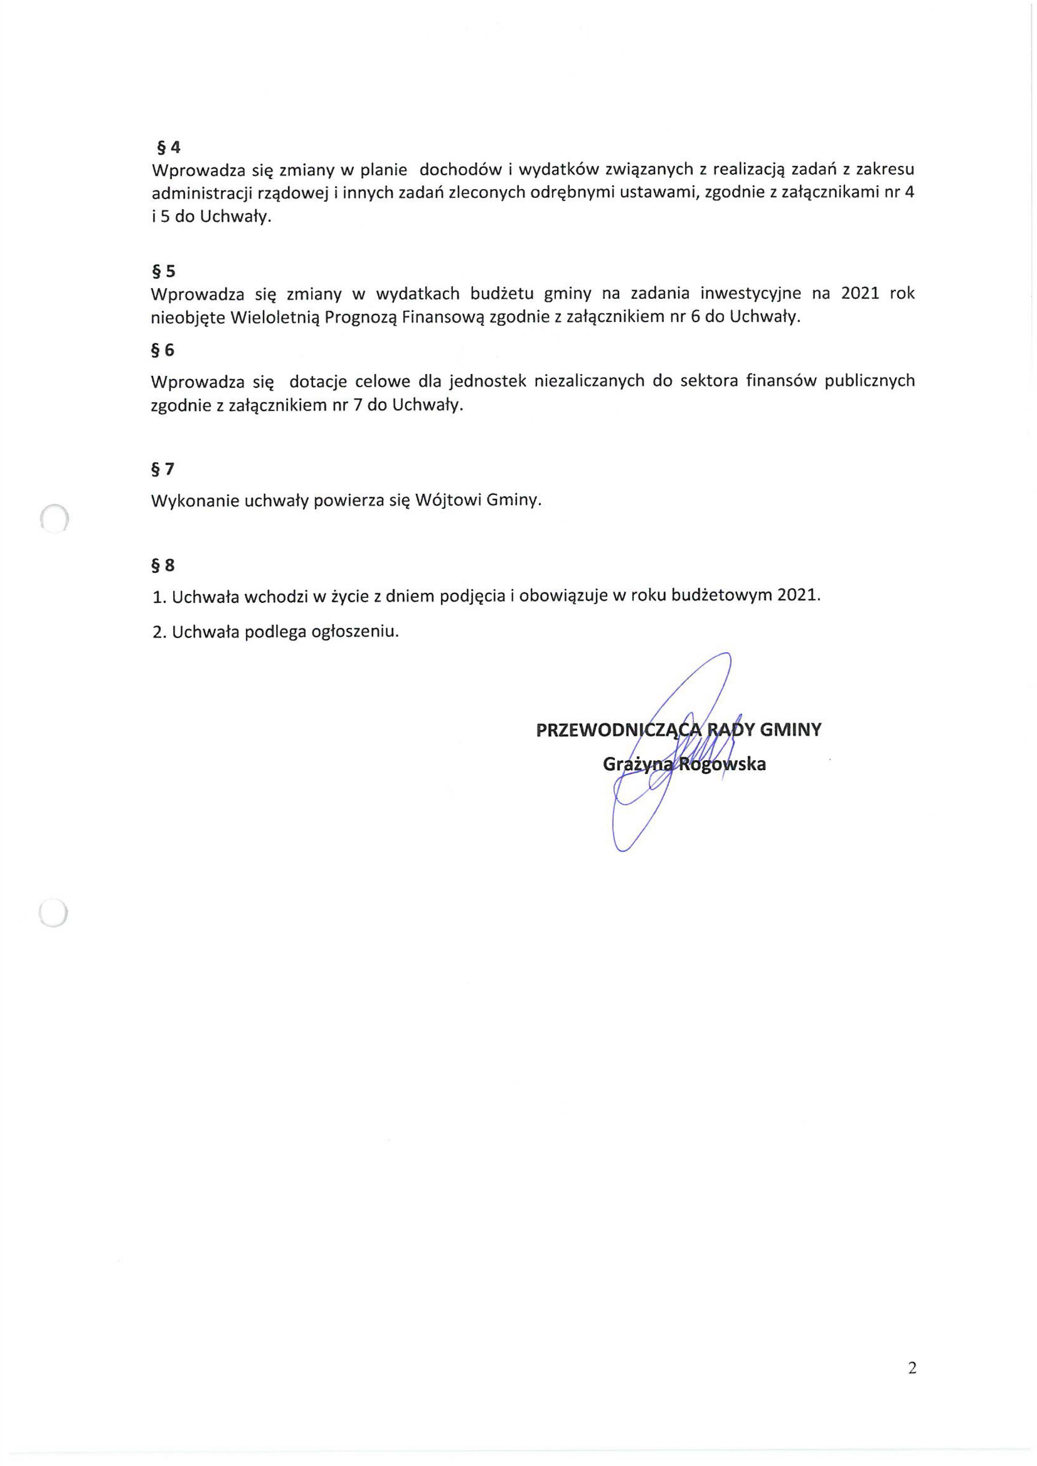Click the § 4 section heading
pyautogui.click(x=169, y=148)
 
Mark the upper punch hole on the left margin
pyautogui.click(x=54, y=518)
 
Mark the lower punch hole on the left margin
pyautogui.click(x=53, y=912)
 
